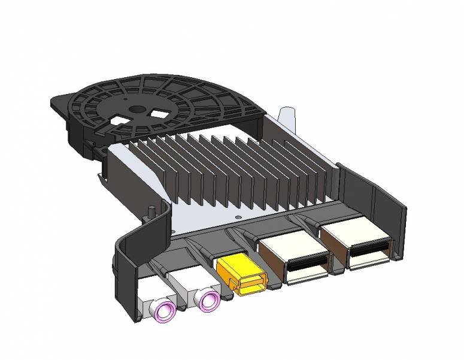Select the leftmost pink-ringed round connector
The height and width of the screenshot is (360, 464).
[x=166, y=310]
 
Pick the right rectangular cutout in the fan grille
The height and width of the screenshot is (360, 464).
[x=160, y=111]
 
